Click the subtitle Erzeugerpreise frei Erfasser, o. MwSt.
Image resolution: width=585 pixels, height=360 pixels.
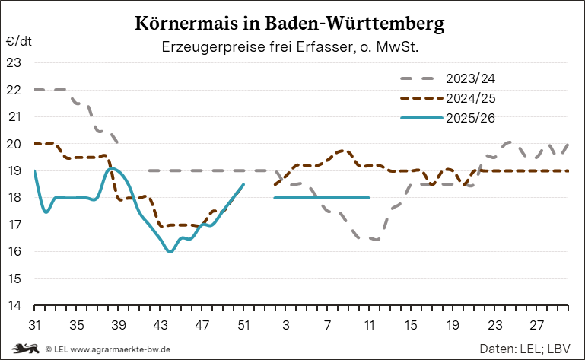(x=291, y=47)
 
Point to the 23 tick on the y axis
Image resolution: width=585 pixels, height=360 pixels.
(x=14, y=62)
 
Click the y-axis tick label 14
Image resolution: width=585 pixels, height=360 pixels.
(x=14, y=306)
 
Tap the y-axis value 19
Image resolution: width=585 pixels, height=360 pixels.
(x=14, y=170)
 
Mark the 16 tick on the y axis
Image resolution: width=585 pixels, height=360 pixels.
(x=14, y=252)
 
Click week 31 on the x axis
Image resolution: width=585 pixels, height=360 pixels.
(x=34, y=324)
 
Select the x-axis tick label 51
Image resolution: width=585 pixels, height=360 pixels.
(x=243, y=324)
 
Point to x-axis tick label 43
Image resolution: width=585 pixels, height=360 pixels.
(x=160, y=324)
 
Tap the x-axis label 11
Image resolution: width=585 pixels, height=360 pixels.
(x=370, y=324)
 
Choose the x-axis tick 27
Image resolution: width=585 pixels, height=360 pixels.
(x=537, y=324)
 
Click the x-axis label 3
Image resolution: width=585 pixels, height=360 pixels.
(x=286, y=324)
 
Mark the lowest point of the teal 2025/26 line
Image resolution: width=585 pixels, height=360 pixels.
(x=170, y=251)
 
